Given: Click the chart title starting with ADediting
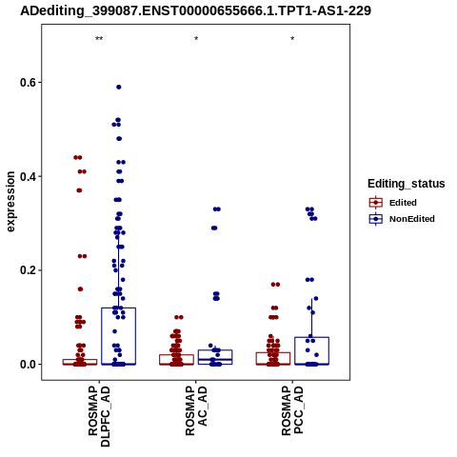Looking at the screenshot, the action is coord(195,10).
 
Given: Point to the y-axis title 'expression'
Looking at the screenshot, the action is coord(10,202).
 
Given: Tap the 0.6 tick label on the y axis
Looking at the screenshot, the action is coord(27,83).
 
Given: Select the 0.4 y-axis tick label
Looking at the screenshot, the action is coord(27,176).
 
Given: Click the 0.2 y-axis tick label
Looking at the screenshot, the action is coord(27,270).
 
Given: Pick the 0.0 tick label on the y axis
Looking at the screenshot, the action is coord(27,365).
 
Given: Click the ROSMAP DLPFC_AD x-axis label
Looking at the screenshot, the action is coord(99,416).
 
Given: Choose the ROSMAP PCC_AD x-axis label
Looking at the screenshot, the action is coord(292,411).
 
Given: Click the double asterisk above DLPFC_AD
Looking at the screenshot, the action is coord(99,39).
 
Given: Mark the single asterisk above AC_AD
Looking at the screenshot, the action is coord(196,39).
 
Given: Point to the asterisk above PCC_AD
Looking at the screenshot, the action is coord(292,39).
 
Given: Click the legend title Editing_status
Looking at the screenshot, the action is coord(407,184).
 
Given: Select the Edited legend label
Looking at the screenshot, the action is coord(403,203).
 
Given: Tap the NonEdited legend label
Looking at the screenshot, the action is coord(412,219).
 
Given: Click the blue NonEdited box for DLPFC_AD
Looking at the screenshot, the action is coord(119,308).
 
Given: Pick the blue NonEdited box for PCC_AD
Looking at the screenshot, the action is coord(311,337).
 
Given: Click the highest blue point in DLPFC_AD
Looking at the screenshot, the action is coord(119,87).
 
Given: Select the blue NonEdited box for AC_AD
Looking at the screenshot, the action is coord(215,350).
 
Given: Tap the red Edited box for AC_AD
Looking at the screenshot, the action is coord(176,355).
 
